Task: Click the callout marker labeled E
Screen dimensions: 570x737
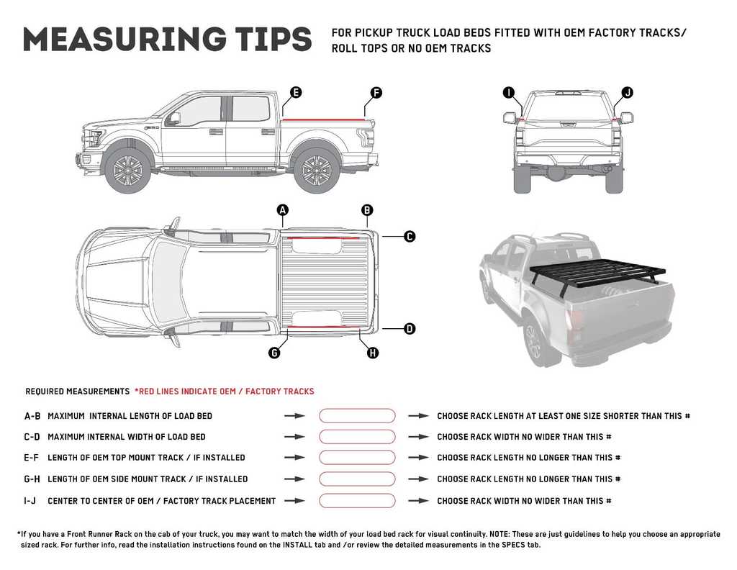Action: coord(295,92)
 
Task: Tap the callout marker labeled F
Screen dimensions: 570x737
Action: coord(375,92)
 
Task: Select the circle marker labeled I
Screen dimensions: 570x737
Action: coord(509,92)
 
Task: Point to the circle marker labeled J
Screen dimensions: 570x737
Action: coord(627,92)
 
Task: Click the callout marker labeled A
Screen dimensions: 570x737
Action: coord(283,210)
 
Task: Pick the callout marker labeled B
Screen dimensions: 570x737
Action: coord(367,210)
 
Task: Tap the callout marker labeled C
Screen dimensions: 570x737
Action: coord(409,236)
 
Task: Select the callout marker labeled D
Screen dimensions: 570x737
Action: coord(409,329)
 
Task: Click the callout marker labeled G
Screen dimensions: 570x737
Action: coord(274,353)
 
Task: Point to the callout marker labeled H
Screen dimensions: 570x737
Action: coord(372,353)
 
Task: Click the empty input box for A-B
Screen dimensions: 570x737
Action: coord(357,416)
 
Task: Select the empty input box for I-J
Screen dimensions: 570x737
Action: coord(357,501)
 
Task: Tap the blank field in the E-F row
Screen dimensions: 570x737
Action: coord(357,458)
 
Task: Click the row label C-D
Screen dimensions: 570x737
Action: coord(32,437)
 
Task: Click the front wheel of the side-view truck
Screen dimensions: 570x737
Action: coord(127,170)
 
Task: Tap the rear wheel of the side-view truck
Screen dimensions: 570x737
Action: coord(317,170)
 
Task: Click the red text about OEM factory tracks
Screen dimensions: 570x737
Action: coord(225,392)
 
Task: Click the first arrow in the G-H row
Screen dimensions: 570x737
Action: coord(294,479)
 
